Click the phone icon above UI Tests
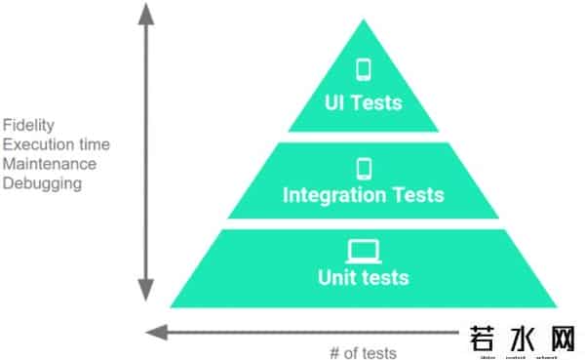coord(364,70)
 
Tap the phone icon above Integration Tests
coord(364,168)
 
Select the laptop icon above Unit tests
coord(364,252)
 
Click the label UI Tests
coord(364,100)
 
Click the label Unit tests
coord(364,278)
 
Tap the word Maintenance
coord(49,163)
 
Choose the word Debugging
coord(41,182)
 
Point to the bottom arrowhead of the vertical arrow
coord(145,291)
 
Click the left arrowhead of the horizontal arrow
coord(153,332)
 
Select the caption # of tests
coord(364,351)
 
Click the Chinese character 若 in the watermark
coord(485,340)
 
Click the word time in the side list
coord(94,144)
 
